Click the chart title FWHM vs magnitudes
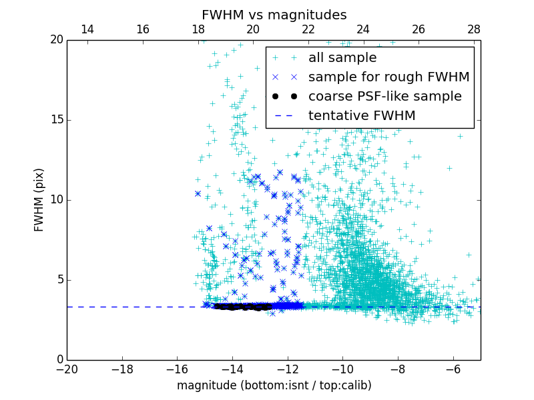pos(274,15)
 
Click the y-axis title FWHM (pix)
pos(39,200)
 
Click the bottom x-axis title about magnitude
pos(274,385)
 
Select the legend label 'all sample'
pos(342,58)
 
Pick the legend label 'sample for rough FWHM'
pos(388,77)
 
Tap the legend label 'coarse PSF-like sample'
pos(384,96)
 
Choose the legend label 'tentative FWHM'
pos(362,115)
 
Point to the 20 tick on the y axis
pos(55,40)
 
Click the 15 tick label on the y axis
pos(55,120)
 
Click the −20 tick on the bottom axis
pos(67,369)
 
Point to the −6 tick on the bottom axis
pos(453,369)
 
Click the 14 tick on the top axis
pos(87,29)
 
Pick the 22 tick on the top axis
pos(308,29)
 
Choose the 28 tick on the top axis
pos(473,29)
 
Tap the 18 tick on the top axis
pos(198,29)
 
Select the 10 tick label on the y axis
pos(55,200)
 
